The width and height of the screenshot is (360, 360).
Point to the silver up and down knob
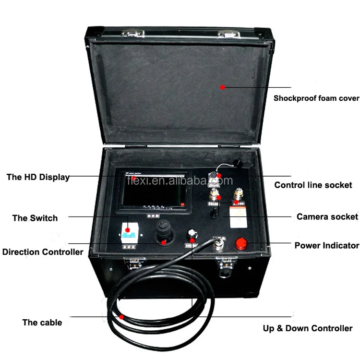coord(193,232)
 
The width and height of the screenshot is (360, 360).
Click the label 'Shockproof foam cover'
coord(316,98)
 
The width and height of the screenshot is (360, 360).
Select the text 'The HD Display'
coord(38,177)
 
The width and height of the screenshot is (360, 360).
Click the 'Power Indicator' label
coord(326,245)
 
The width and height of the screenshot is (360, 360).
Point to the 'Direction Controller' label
coord(42,252)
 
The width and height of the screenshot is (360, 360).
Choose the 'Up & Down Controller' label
coord(307,328)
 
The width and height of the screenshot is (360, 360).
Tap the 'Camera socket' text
coord(327,216)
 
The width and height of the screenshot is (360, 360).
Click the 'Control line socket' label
coord(313,185)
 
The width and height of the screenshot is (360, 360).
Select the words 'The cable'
coord(42,322)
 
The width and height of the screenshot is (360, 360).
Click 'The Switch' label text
coord(35,218)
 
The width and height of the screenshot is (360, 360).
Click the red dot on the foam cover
coord(222,87)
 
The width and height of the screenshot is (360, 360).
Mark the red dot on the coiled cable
coord(121,317)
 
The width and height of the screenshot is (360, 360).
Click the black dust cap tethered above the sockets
coord(236,164)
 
